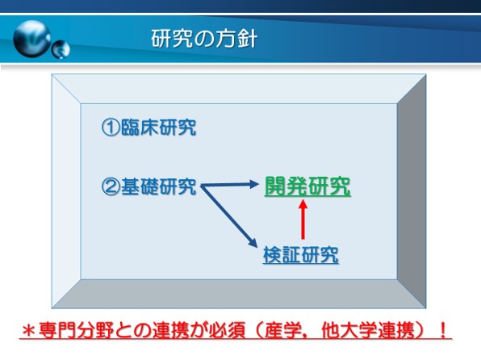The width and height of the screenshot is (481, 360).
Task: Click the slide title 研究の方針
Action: coord(204,39)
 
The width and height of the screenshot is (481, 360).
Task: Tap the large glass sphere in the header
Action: coord(32,39)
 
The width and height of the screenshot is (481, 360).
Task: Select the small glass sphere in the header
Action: coord(61,49)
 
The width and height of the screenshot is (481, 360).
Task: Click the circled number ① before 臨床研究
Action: coord(110,127)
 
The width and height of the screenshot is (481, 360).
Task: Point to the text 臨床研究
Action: coord(158,127)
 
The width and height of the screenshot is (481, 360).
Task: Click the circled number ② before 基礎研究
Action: coord(110,186)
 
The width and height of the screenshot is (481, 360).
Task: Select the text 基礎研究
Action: coord(158,186)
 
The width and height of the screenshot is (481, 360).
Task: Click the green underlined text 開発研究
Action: coord(307,186)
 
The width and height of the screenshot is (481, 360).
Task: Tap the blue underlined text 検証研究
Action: coord(300,255)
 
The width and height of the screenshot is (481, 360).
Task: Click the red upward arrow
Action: coord(303,219)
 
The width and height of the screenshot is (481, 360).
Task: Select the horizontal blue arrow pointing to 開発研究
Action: coord(230,185)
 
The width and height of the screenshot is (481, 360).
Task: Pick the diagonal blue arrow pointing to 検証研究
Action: coord(229,216)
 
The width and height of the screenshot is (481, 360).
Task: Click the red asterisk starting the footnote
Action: coord(29,331)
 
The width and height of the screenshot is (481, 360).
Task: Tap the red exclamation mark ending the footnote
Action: coord(442,330)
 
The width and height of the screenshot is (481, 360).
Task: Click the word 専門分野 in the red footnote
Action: coord(76,330)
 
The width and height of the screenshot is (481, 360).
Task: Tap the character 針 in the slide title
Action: coord(247,39)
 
